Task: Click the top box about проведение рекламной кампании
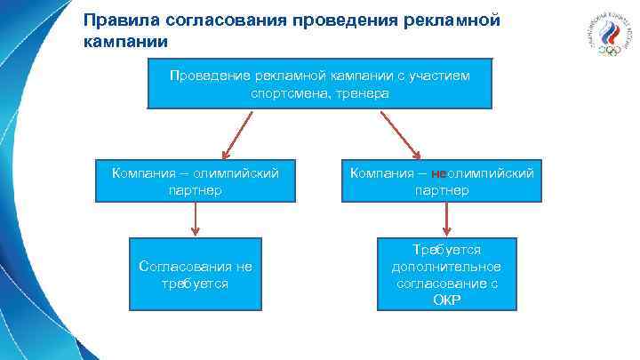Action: (319, 84)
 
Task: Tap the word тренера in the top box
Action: (362, 93)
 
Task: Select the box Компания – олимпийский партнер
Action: (195, 180)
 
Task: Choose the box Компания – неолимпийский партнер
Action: (442, 180)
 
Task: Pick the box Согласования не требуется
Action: (196, 274)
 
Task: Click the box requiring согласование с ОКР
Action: (446, 275)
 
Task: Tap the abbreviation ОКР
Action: (446, 300)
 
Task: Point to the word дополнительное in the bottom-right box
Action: (446, 267)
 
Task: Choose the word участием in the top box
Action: (439, 76)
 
